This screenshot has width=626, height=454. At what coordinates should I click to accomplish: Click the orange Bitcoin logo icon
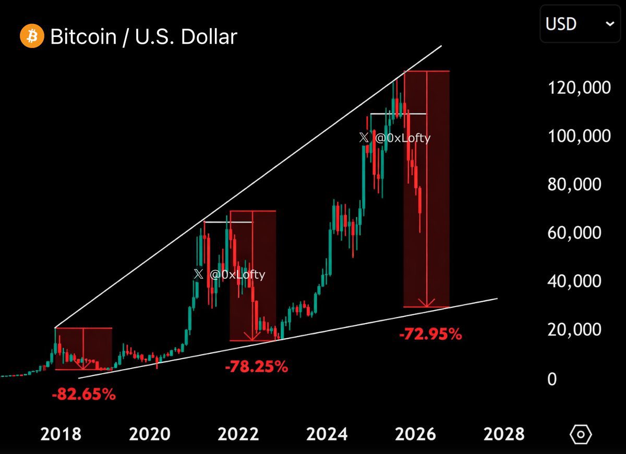tap(31, 36)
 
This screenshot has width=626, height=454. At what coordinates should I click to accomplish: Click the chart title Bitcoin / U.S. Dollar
tap(143, 36)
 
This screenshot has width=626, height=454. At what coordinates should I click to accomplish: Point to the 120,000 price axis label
tap(579, 87)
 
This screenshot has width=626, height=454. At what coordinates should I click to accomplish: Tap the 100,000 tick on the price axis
tap(579, 136)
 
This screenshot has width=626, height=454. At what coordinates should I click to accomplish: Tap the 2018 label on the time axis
tap(62, 434)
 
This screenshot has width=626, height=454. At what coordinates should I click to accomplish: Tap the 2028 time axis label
tap(504, 434)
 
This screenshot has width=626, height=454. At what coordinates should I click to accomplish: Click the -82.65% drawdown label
tap(83, 395)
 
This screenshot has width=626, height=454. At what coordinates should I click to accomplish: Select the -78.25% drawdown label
tap(256, 367)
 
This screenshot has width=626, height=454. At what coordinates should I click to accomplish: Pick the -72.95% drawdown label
tap(430, 334)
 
